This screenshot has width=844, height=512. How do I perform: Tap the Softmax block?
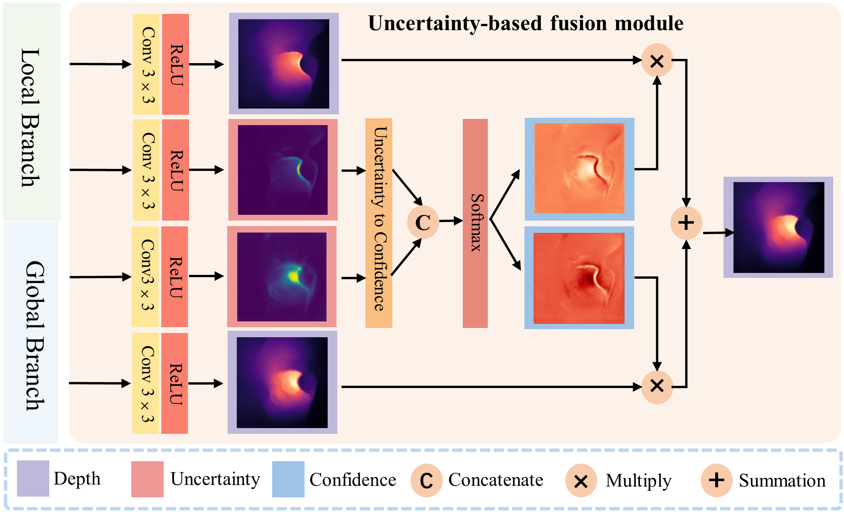pos(475,223)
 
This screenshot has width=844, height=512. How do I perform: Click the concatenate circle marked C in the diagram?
pos(423,222)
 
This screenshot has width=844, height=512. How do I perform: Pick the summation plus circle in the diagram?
pos(686,223)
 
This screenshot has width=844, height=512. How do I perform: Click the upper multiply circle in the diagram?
pos(657,60)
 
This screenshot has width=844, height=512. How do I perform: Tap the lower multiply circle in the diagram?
pos(657,386)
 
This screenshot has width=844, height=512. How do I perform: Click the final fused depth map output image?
pos(778,227)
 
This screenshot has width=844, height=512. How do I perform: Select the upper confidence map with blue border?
pos(579,169)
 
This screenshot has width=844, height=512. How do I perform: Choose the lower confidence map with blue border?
pos(579,278)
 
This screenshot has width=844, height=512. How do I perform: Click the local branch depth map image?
pos(284,64)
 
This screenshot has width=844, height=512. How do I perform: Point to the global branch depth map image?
pos(282,382)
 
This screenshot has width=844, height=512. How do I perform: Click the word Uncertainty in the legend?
pos(215,479)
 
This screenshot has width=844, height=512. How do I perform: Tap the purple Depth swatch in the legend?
pos(33,479)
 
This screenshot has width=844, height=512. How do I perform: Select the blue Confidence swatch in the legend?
pos(288,479)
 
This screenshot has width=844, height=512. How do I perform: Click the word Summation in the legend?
pos(782,480)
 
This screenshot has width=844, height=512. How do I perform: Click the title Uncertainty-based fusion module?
pos(526,23)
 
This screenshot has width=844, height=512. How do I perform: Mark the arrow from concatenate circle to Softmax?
pos(450,221)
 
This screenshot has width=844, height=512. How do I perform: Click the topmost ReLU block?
pos(176,64)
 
